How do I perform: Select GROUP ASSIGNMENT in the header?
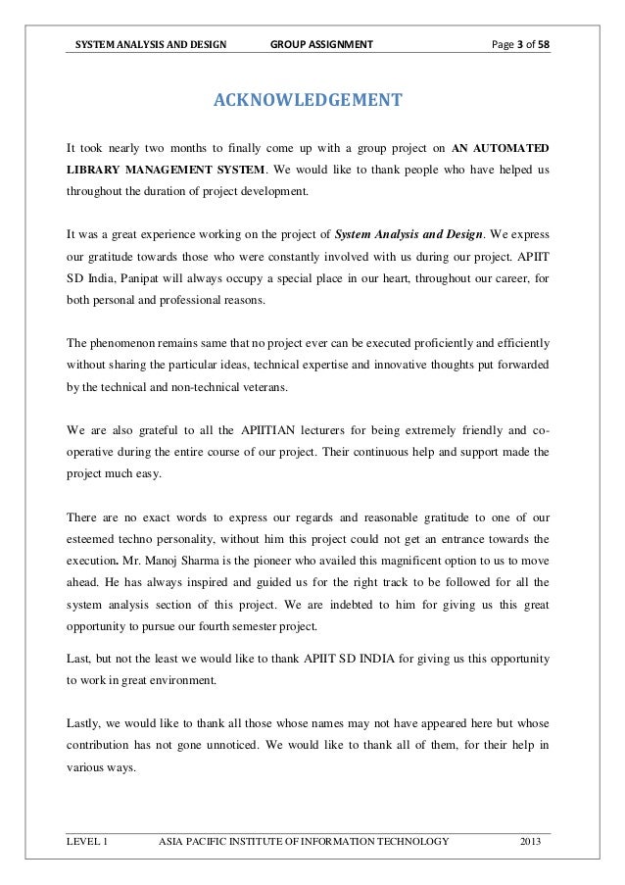(x=321, y=43)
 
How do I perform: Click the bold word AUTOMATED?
(x=512, y=148)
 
